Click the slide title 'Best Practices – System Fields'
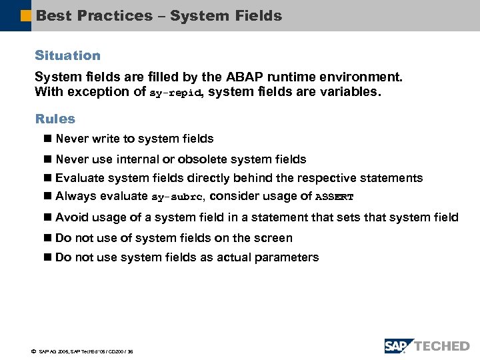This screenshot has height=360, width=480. tap(159, 15)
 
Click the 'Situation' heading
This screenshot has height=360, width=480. tap(67, 56)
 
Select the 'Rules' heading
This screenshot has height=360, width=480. tap(55, 119)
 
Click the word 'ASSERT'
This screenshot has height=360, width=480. tap(334, 197)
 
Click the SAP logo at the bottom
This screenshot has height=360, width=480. tap(399, 345)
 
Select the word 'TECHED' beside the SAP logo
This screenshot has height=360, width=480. tap(442, 345)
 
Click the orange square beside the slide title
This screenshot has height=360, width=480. tap(26, 15)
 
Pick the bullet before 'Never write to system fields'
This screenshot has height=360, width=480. tap(48, 139)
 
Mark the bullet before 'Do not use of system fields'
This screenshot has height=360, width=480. tap(48, 239)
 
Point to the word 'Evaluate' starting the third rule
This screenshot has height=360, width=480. tap(80, 178)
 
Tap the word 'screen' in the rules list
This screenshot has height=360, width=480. tap(274, 238)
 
